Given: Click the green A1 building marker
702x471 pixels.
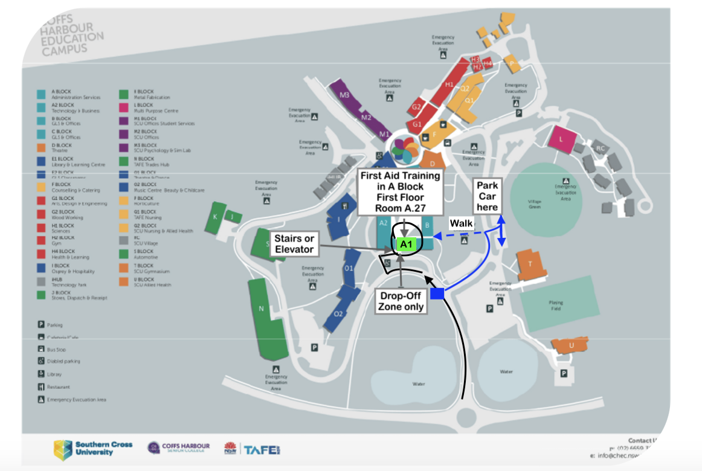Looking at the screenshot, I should pos(406,244).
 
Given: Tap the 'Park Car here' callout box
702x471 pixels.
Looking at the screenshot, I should pos(487,194).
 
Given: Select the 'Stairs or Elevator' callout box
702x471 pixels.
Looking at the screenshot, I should pos(293,245).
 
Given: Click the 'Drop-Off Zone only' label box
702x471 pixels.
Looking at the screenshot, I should pos(401,301).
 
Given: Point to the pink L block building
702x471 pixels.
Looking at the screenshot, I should pos(561,139).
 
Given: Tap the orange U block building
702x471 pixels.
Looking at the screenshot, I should pos(570,345).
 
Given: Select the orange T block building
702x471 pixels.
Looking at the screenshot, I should pos(530,264).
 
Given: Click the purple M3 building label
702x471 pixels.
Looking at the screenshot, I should pos(345,95).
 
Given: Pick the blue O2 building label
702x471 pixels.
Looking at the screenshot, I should pos(338,313).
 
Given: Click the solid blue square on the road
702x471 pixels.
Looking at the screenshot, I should pos(437,293).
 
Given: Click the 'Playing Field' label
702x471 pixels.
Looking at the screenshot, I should pos(556,306).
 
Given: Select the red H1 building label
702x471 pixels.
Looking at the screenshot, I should pos(449,85).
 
